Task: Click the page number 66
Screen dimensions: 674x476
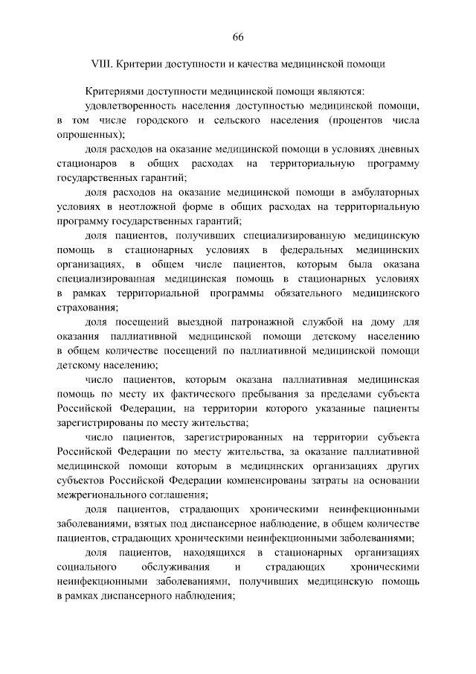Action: click(238, 39)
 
